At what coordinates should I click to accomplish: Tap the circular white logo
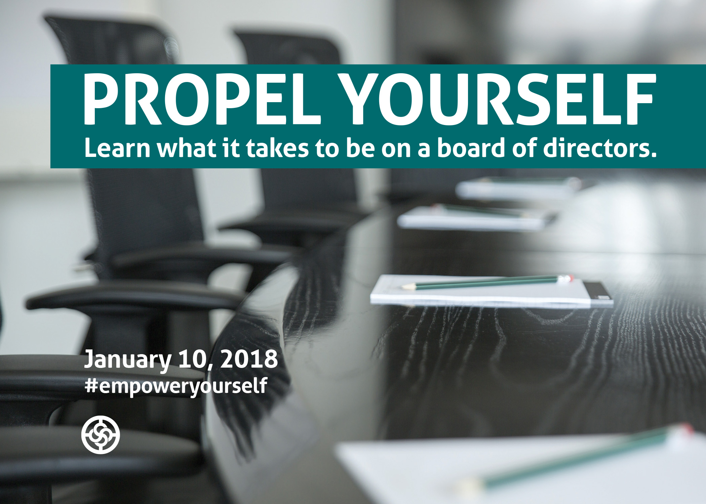(101, 435)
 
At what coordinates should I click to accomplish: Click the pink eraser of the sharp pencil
(568, 278)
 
